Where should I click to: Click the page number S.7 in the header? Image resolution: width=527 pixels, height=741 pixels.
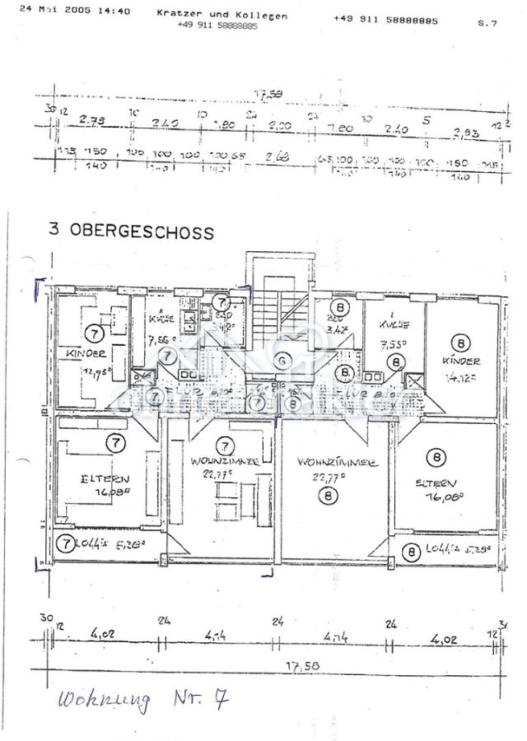click(x=487, y=24)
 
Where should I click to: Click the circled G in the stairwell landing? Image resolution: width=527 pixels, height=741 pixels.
click(x=282, y=360)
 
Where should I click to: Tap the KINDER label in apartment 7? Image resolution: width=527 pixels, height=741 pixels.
click(x=85, y=354)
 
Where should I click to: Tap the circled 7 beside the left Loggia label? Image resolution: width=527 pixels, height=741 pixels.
click(x=64, y=543)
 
